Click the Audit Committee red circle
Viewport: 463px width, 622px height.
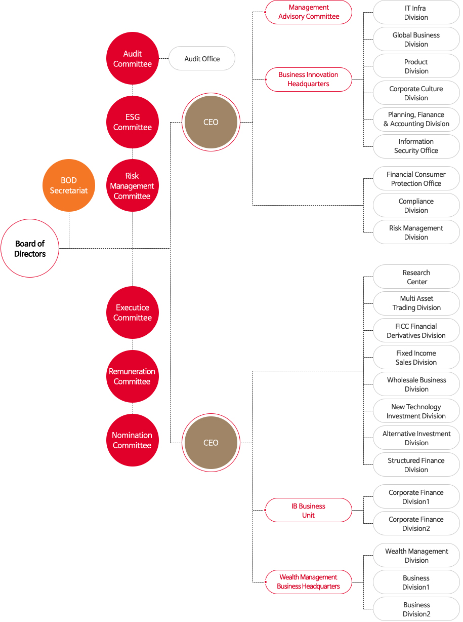(x=133, y=59)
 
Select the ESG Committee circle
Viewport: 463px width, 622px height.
(x=133, y=122)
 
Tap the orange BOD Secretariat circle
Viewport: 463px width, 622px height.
(x=69, y=185)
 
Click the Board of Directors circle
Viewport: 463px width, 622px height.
(x=30, y=248)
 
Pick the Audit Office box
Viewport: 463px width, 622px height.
(x=202, y=59)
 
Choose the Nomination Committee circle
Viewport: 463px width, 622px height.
(x=133, y=440)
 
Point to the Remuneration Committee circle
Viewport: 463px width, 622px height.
(x=133, y=376)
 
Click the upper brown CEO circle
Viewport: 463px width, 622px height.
(x=211, y=122)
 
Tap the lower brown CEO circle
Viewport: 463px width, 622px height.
(x=211, y=443)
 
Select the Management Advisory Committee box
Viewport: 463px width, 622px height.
(x=309, y=12)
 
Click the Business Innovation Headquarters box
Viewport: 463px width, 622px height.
(x=309, y=80)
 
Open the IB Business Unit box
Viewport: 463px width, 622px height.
(x=309, y=511)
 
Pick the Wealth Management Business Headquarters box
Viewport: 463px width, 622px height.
(x=309, y=582)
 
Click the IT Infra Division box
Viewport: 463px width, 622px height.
(x=416, y=13)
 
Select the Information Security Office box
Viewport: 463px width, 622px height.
(x=416, y=146)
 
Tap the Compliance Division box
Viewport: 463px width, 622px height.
(x=416, y=206)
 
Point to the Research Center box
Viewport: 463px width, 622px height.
(x=416, y=277)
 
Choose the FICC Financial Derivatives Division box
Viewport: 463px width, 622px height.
(x=416, y=331)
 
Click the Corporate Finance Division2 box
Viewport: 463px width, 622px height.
(x=416, y=524)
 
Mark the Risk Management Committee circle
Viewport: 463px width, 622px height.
(x=133, y=186)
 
